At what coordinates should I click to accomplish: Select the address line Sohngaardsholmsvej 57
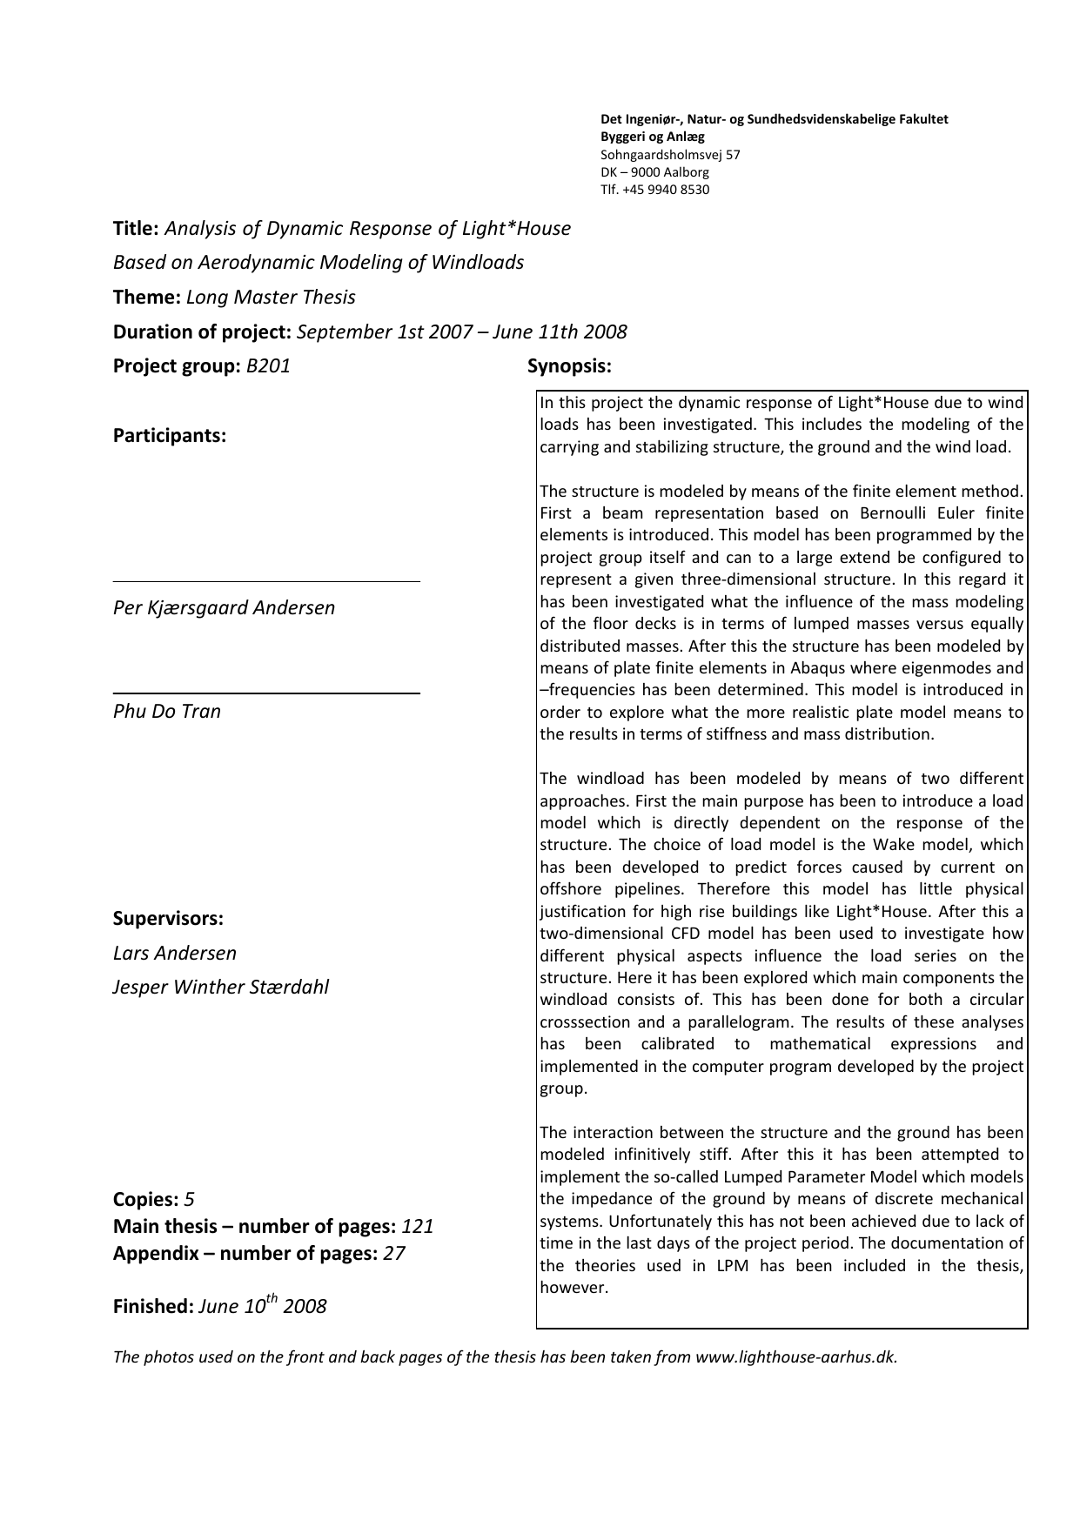pos(670,155)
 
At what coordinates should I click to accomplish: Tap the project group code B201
pos(268,366)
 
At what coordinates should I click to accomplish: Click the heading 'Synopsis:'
pos(569,366)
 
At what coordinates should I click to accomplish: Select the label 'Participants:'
pos(170,436)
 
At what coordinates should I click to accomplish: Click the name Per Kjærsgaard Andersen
pos(224,607)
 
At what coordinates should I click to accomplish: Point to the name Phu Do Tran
pos(167,711)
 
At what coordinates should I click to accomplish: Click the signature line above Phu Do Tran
pos(266,693)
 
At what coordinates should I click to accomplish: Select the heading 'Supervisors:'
pos(168,919)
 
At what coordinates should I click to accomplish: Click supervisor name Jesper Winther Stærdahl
pos(221,987)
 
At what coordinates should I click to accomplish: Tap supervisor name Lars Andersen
pos(175,953)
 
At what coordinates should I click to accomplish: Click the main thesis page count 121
pos(418,1227)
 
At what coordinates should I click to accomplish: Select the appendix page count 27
pos(394,1254)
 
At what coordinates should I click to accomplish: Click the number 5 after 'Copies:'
pos(189,1200)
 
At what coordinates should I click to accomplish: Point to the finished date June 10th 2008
pos(262,1306)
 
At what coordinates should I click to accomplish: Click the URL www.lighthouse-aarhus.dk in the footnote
pos(795,1356)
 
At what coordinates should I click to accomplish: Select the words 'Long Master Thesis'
pos(271,298)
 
